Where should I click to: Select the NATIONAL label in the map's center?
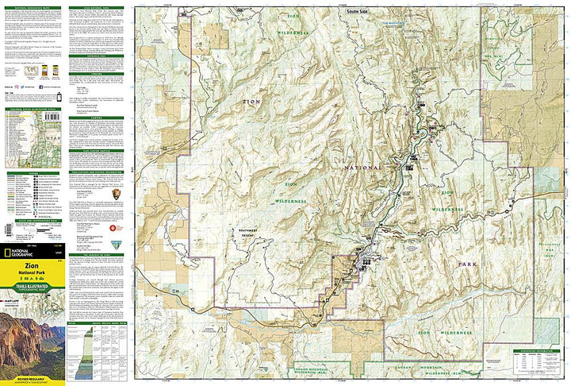pyautogui.click(x=361, y=168)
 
